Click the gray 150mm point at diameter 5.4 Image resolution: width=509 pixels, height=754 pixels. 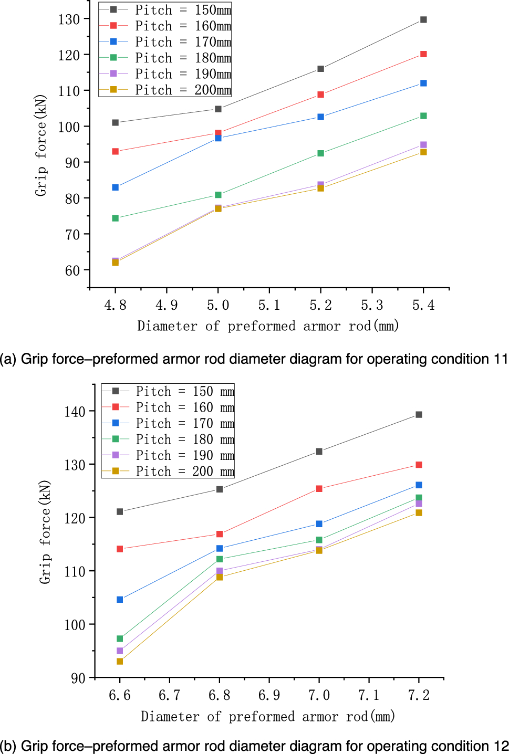tap(423, 20)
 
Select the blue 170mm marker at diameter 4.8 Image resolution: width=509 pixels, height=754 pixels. tap(116, 187)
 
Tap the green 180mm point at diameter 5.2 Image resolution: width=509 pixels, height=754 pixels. tap(320, 153)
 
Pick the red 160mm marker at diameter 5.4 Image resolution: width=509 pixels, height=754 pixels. tap(423, 54)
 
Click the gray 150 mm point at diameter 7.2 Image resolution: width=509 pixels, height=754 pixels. tap(419, 415)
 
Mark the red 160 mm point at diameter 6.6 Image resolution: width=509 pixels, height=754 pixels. tap(120, 549)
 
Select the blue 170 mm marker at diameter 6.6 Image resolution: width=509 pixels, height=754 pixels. tap(120, 600)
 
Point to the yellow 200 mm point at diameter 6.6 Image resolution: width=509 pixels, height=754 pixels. tap(120, 662)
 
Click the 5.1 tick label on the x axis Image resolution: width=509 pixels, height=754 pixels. tap(269, 306)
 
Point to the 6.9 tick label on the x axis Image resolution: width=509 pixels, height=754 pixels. tap(269, 696)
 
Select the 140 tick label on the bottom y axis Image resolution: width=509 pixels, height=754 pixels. tap(75, 412)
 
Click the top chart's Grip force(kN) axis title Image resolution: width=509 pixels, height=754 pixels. tap(41, 145)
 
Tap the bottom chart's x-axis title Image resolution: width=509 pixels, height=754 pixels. tap(268, 717)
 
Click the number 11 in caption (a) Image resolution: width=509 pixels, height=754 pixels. tap(500, 359)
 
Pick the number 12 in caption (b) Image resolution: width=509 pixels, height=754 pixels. tap(501, 746)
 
